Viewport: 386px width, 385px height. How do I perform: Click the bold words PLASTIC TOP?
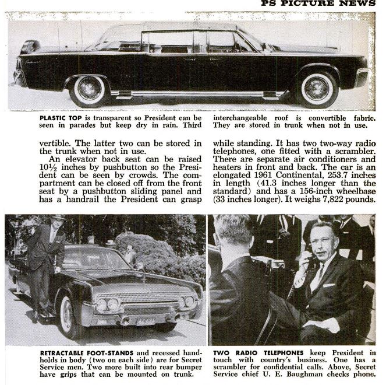coord(58,117)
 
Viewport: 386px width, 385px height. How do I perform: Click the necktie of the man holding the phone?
coord(320,279)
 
